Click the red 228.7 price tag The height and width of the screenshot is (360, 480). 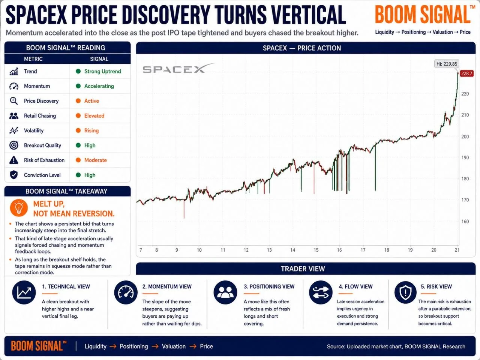(467, 73)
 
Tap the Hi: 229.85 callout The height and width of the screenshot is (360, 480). (447, 64)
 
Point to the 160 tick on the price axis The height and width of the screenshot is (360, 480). (465, 221)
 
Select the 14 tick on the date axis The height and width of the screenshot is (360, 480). (292, 250)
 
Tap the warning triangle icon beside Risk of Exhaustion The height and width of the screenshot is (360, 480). (14, 160)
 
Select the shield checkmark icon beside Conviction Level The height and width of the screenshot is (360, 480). (14, 175)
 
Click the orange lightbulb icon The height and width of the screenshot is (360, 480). (19, 208)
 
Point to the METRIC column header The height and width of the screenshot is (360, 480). (33, 59)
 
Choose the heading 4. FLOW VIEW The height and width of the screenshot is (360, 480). (355, 286)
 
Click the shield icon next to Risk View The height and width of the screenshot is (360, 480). (405, 292)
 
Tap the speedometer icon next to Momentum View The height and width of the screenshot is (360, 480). (126, 292)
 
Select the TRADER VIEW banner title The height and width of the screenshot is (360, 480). (303, 268)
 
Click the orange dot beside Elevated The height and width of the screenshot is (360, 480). (78, 115)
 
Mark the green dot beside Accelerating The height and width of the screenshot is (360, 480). (78, 86)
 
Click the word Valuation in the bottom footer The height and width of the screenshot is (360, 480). (174, 346)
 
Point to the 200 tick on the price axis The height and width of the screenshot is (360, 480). (465, 136)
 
